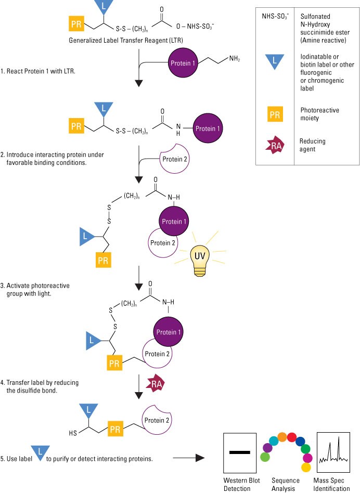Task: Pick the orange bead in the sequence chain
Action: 282,436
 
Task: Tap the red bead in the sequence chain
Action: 292,436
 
